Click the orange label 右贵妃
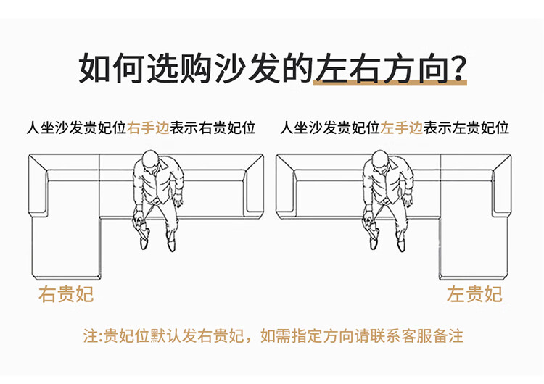pyautogui.click(x=66, y=295)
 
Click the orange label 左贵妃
pyautogui.click(x=474, y=295)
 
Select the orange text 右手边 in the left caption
pyautogui.click(x=149, y=128)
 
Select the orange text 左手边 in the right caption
pyautogui.click(x=402, y=128)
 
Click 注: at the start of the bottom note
pyautogui.click(x=91, y=337)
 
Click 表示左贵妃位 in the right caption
pyautogui.click(x=467, y=128)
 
